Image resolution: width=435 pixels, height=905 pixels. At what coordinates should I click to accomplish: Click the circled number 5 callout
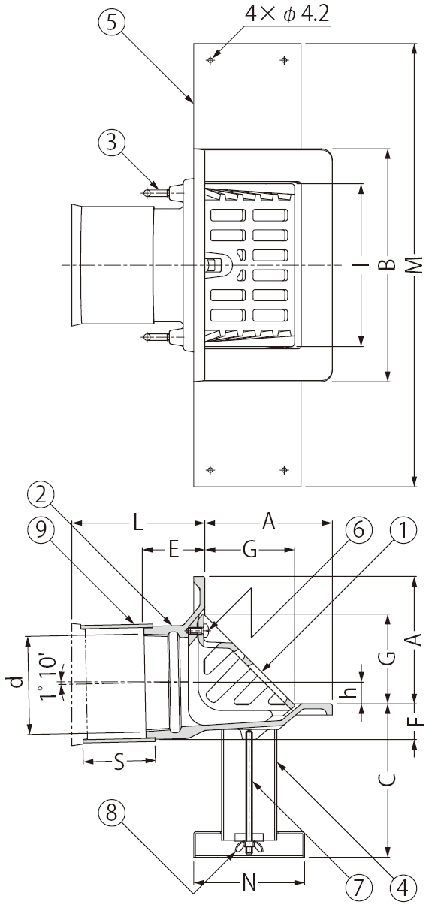click(111, 23)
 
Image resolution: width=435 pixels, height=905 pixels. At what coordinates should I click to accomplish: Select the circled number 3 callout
click(111, 143)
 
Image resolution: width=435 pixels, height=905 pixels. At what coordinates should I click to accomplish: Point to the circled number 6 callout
click(358, 531)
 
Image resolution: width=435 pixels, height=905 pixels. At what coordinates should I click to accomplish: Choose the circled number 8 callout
click(111, 813)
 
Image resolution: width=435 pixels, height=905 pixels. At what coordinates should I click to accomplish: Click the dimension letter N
click(249, 883)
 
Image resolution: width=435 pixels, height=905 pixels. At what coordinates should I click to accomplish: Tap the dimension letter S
click(119, 763)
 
